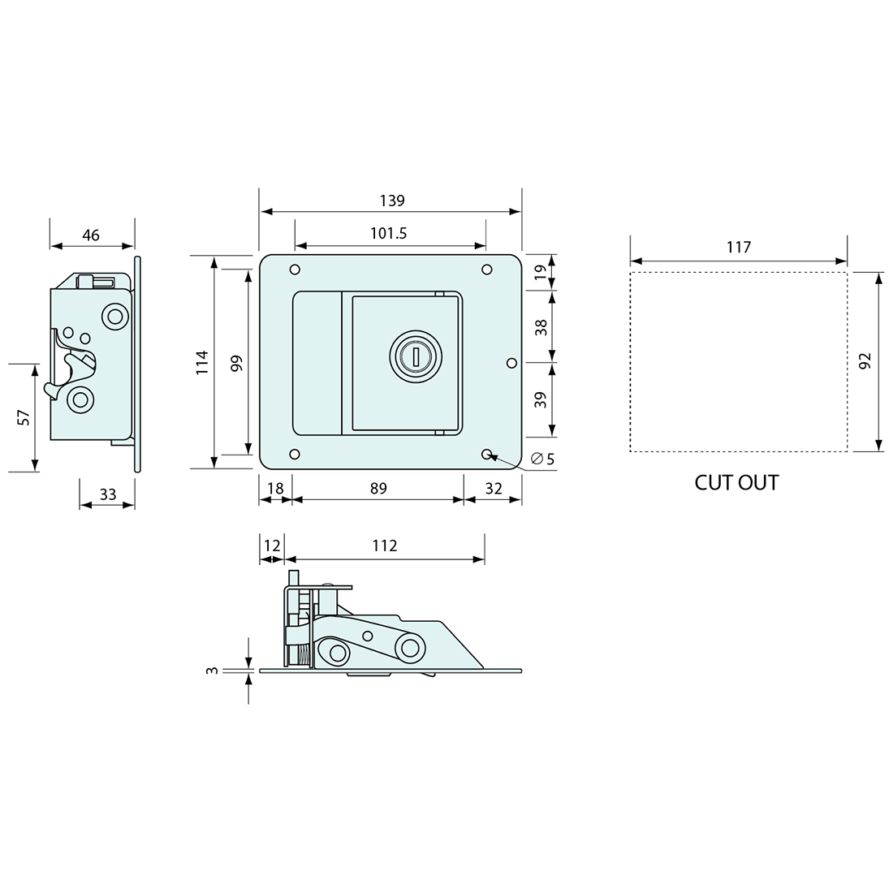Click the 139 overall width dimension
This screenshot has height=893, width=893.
click(x=391, y=201)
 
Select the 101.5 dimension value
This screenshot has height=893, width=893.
click(x=388, y=234)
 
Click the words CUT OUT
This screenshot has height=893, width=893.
click(x=736, y=483)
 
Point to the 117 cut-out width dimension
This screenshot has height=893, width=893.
click(x=739, y=248)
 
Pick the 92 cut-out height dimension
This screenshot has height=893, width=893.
click(x=865, y=361)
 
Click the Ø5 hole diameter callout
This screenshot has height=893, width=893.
click(x=542, y=459)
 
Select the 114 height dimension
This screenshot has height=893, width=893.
click(x=202, y=361)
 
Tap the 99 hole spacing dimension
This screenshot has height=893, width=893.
click(x=236, y=363)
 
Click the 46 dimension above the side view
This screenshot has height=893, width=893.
click(x=91, y=235)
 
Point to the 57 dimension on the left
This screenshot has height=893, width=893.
click(x=24, y=417)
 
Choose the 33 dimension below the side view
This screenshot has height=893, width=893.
click(x=107, y=494)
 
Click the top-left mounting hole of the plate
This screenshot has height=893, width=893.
click(x=295, y=270)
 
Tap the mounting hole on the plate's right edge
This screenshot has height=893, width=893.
click(x=511, y=362)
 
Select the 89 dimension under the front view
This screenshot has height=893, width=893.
click(x=377, y=488)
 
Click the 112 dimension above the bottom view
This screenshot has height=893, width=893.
click(x=385, y=546)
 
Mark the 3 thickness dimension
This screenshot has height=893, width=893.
click(x=211, y=671)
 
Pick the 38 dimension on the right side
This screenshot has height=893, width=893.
click(x=541, y=327)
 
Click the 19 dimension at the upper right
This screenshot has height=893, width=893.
click(x=541, y=273)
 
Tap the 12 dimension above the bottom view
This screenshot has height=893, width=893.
click(x=271, y=546)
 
